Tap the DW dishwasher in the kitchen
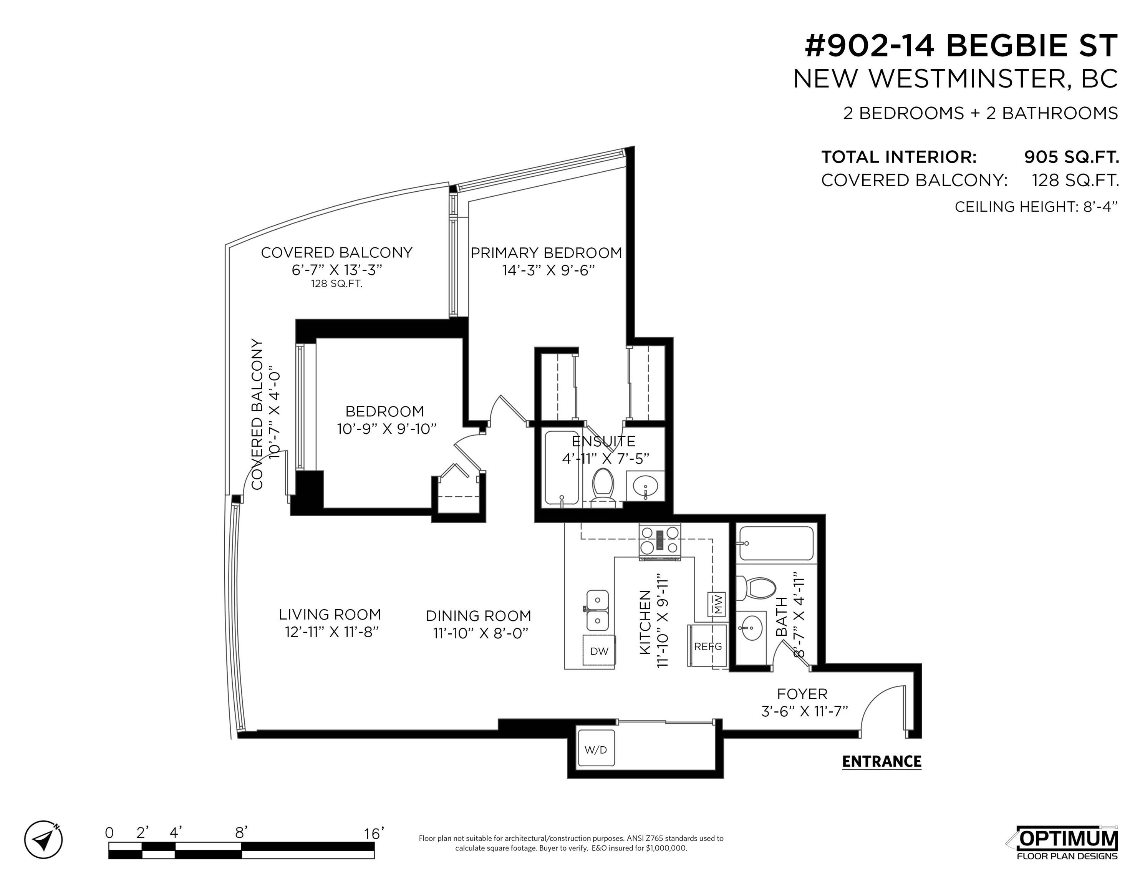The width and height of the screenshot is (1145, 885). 599,651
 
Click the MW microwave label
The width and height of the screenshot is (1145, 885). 717,605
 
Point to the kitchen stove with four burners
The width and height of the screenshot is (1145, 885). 659,541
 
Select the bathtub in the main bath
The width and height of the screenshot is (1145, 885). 775,544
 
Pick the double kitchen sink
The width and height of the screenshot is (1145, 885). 597,610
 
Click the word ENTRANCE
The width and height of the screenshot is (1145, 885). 881,761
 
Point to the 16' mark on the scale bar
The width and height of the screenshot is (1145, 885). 374,833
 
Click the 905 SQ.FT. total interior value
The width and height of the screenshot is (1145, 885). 1072,157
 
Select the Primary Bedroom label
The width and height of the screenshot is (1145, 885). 546,253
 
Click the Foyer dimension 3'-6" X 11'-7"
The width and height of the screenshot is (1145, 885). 805,711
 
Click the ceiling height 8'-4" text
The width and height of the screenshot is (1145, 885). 1036,207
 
